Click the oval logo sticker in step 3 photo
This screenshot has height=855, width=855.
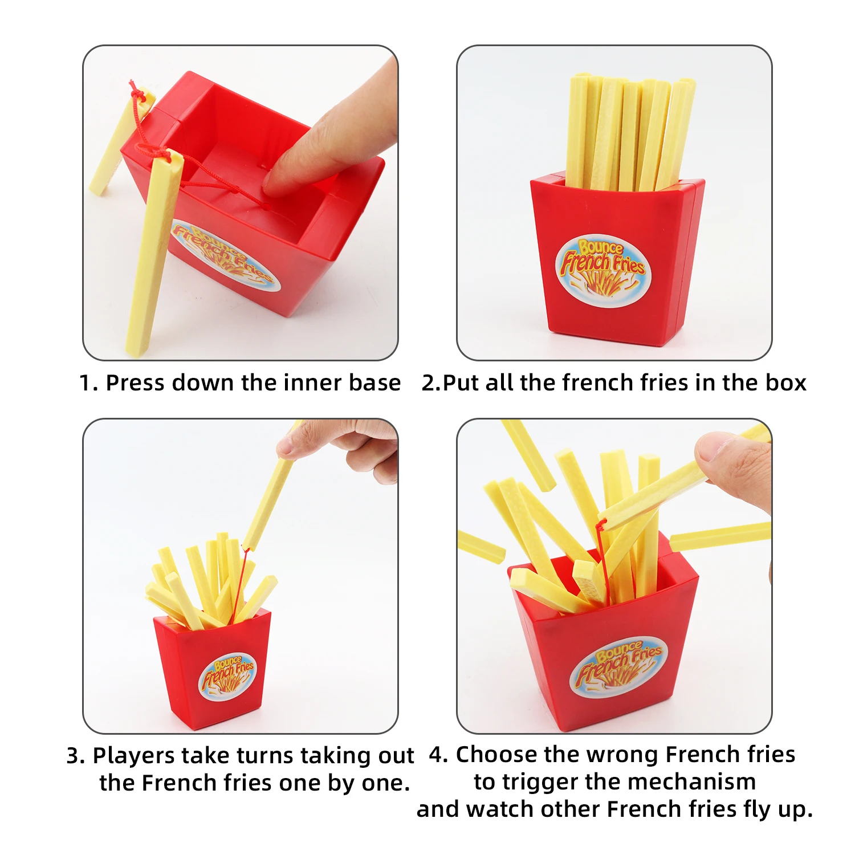pos(227,676)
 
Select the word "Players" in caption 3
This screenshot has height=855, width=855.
pos(133,756)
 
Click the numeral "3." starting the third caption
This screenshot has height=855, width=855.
pos(76,756)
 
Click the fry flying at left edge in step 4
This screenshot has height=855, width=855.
pos(481,547)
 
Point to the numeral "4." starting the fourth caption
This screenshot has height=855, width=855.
pos(438,755)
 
